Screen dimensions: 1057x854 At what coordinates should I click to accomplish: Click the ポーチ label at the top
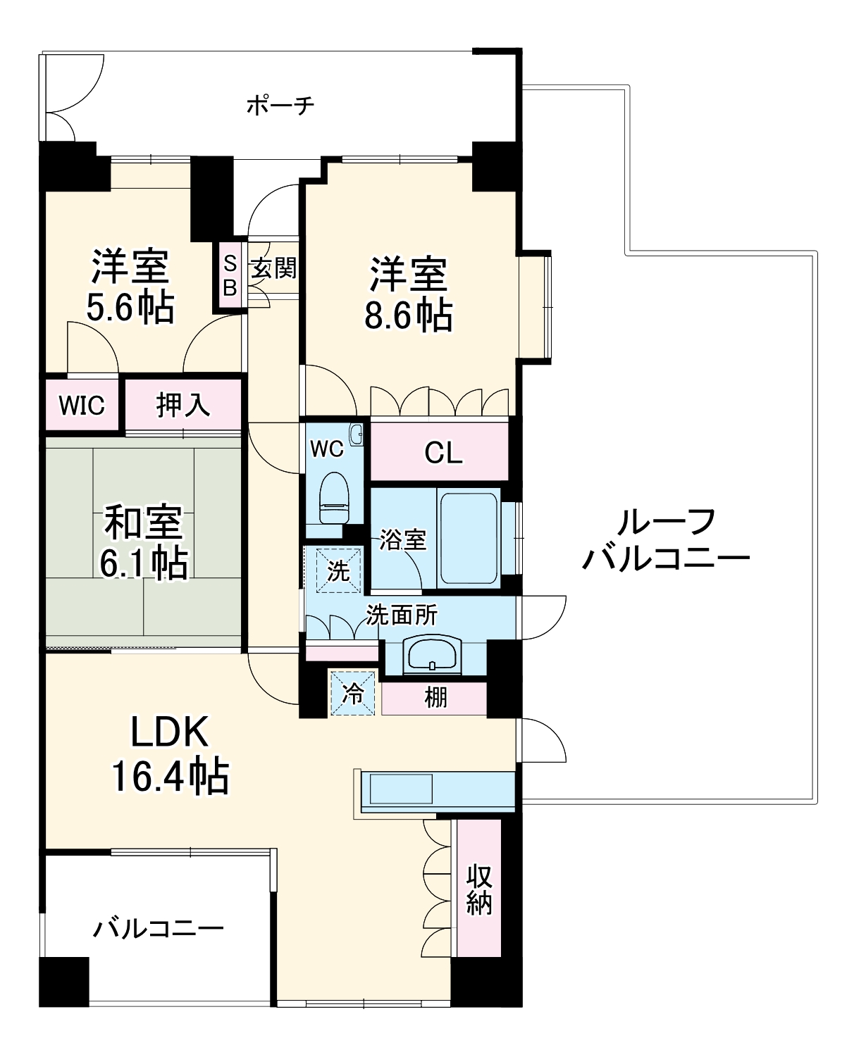(x=280, y=106)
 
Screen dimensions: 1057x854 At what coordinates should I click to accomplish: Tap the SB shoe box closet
(x=230, y=275)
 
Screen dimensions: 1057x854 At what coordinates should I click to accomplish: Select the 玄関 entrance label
(x=273, y=268)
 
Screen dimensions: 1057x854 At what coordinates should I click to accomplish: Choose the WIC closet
(x=82, y=405)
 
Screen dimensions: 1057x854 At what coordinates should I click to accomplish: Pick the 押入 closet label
(x=182, y=405)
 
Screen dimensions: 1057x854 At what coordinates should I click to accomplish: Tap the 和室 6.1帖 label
(x=144, y=542)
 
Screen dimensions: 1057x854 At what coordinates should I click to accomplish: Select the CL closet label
(x=443, y=452)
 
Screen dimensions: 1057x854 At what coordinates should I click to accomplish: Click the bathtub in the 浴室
(x=468, y=539)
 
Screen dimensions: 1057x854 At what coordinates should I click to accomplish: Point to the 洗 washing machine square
(x=338, y=570)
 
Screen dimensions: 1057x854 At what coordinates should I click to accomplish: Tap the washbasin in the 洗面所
(x=433, y=655)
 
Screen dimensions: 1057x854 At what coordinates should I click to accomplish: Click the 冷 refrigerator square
(x=353, y=694)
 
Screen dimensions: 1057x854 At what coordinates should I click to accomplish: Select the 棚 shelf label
(x=435, y=698)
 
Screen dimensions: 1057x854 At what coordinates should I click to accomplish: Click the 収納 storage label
(x=479, y=889)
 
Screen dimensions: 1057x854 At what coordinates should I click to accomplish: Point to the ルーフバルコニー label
(x=665, y=541)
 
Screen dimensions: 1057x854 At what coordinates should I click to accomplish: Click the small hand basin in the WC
(x=356, y=434)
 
